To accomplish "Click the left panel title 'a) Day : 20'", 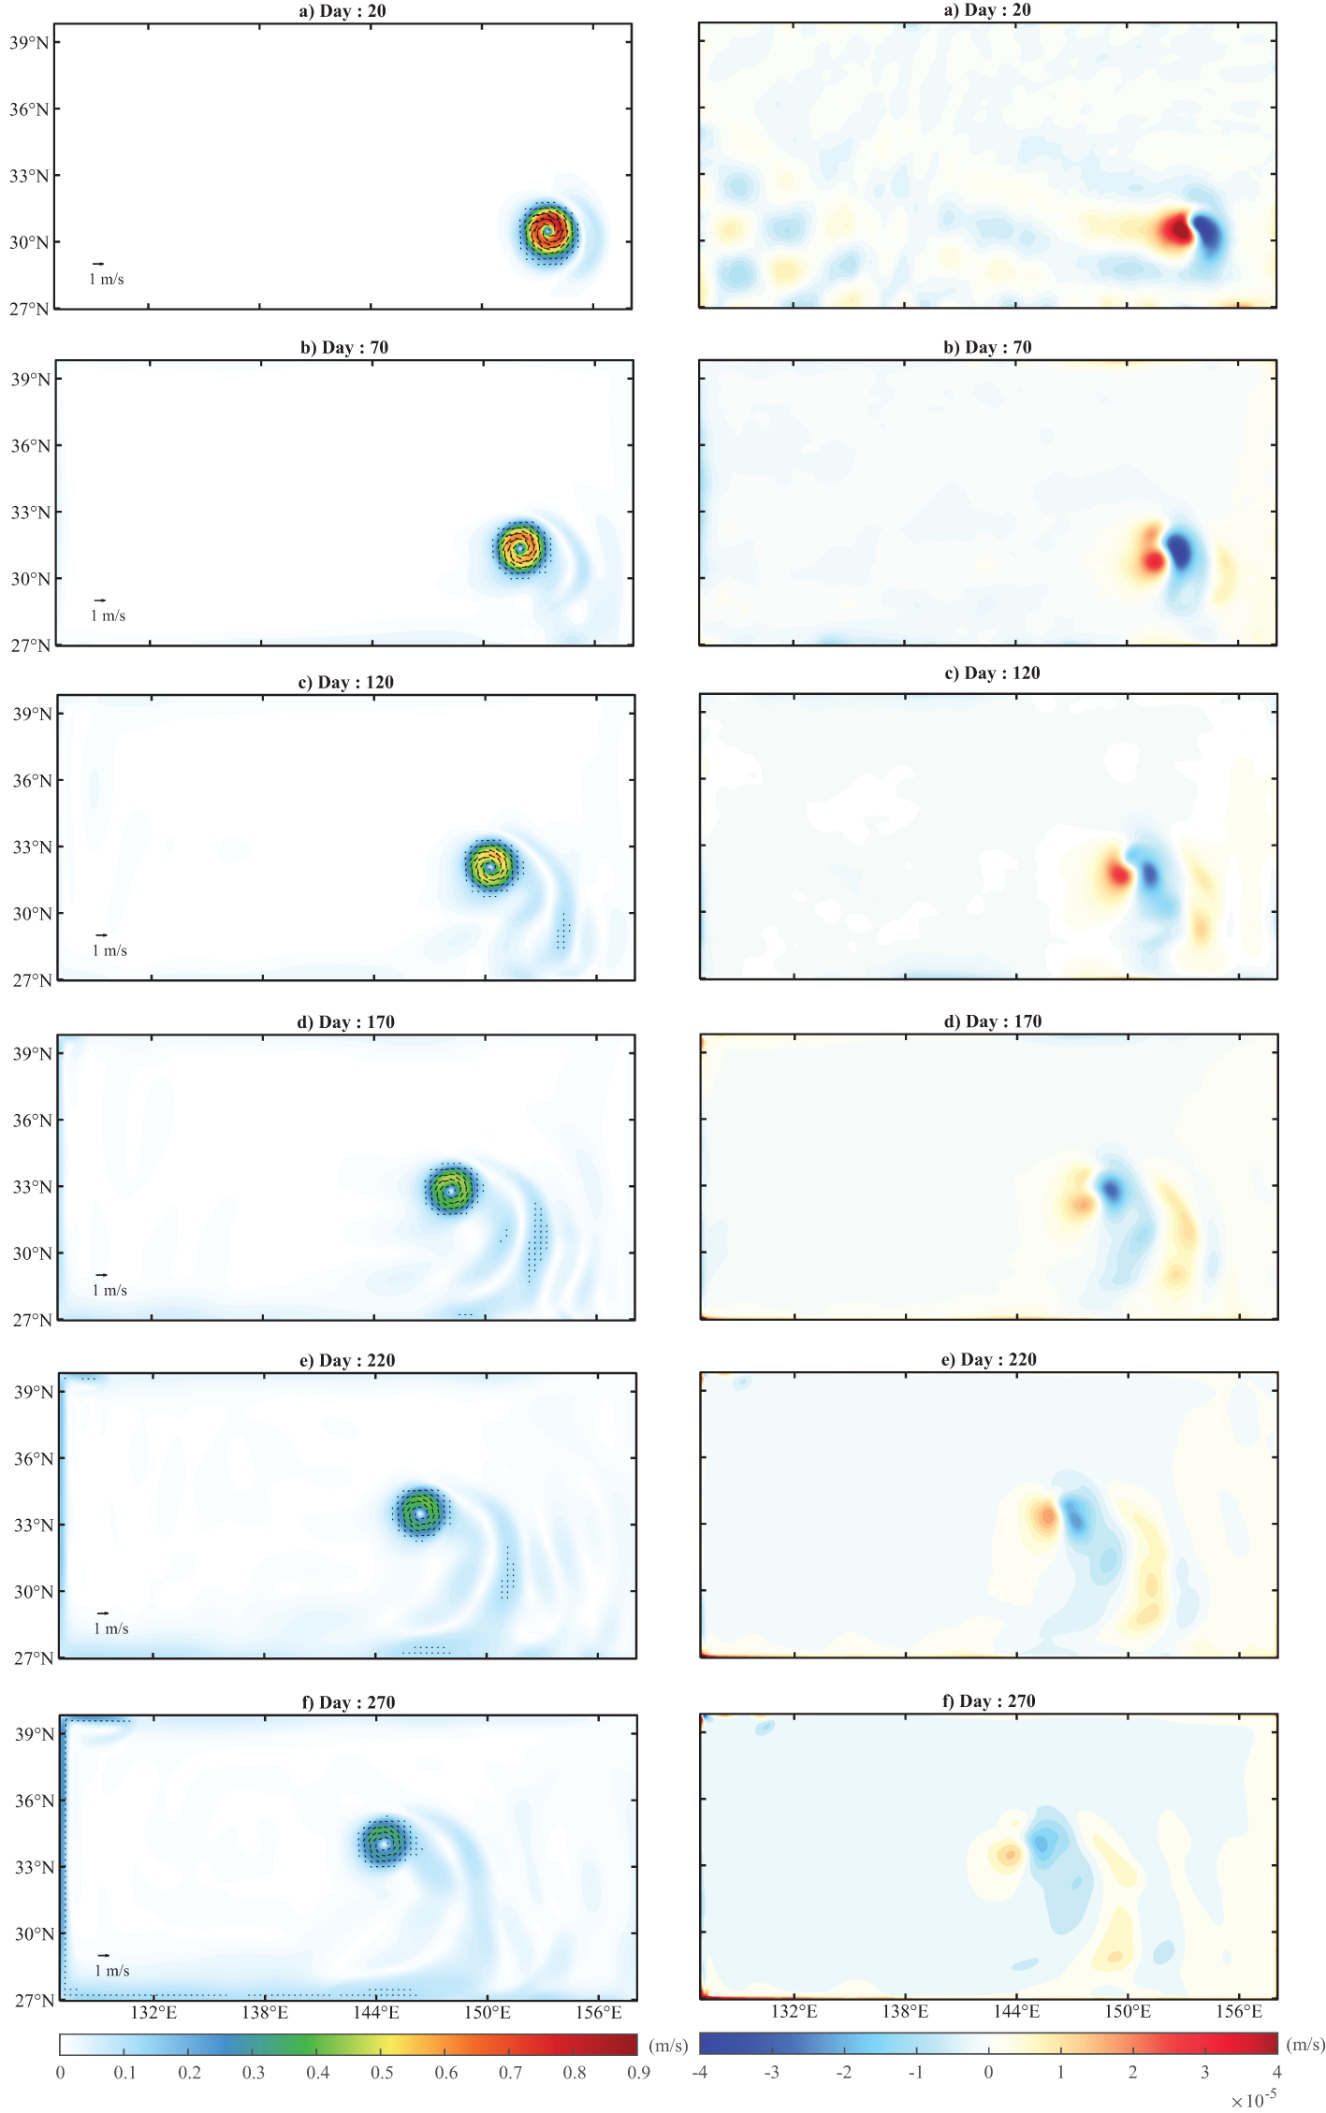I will point(342,11).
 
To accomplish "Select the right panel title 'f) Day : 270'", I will point(988,1701).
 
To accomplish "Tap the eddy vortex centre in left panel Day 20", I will point(547,230).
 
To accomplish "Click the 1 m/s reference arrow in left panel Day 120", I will point(101,935).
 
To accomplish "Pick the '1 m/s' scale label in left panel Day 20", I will point(107,280).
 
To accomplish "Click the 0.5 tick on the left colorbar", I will point(382,2072).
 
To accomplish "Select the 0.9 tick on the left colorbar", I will point(638,2072).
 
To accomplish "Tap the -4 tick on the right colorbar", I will point(700,2072).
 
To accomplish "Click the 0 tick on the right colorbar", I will point(988,2072).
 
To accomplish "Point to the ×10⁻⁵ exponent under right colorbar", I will point(1254,2100).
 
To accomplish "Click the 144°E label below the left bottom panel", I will point(376,2012).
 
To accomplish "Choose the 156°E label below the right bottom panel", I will point(1239,2011).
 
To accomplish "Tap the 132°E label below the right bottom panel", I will point(794,2011).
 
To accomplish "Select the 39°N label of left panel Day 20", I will point(29,42).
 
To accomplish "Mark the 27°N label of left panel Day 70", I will point(30,645).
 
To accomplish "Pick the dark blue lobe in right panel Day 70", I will point(1179,552).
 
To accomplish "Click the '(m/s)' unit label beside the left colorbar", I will point(668,2046).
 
